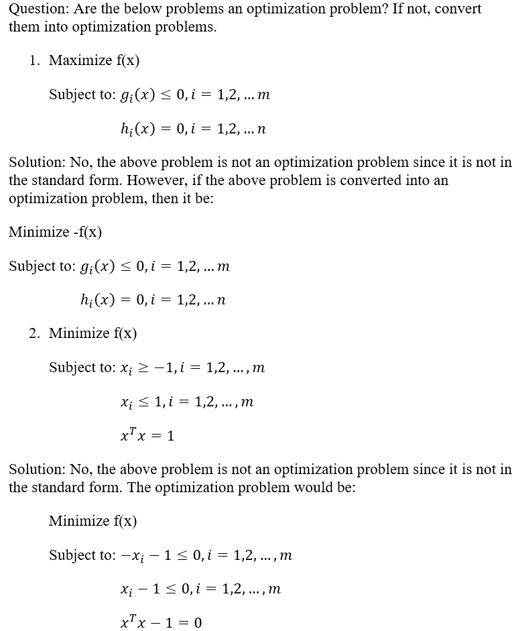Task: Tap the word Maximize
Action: pos(80,60)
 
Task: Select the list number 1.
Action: pos(34,60)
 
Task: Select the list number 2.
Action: pos(34,333)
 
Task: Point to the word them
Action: pos(23,28)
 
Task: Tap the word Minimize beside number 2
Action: pos(80,333)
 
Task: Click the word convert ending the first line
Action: pos(458,10)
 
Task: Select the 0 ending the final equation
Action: pos(197,623)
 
